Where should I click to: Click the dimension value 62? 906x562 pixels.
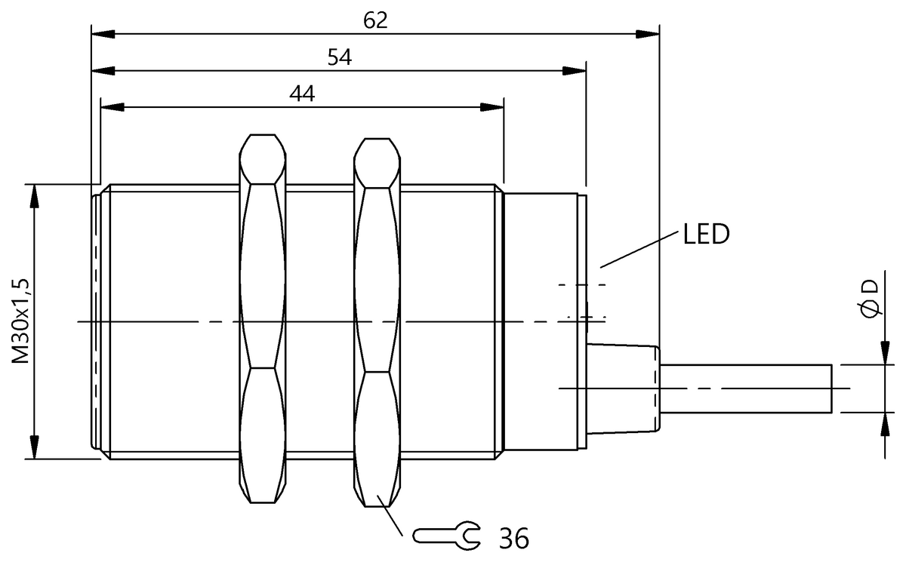[374, 20]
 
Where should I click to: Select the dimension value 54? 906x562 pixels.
[340, 58]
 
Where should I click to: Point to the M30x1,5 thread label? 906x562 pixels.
[21, 321]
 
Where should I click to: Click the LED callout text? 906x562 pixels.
[706, 235]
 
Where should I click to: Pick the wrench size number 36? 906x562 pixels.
[513, 538]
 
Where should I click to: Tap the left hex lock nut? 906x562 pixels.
[263, 320]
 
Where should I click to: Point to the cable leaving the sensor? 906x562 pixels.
[747, 388]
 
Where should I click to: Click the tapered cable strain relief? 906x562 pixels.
[624, 388]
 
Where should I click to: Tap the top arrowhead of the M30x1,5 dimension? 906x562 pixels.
[33, 193]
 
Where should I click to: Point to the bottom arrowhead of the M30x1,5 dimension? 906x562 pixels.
[33, 449]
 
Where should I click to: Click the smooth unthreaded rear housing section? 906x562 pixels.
[544, 321]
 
